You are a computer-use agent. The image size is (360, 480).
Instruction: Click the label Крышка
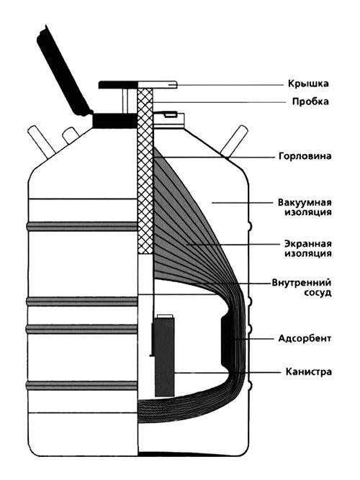tap(308, 83)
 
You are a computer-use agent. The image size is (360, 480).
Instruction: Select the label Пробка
tap(310, 101)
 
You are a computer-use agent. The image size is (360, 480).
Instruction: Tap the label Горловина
tap(305, 156)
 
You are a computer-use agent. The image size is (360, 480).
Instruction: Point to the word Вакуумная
tap(305, 202)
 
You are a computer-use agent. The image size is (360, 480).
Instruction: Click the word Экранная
tap(308, 244)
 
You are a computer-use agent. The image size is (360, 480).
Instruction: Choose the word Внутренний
tap(302, 282)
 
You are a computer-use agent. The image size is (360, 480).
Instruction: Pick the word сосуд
tap(318, 292)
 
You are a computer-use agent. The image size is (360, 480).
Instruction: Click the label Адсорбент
tap(305, 338)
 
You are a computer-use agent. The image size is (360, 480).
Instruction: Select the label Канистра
tap(309, 371)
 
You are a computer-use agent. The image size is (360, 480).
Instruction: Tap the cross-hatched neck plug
tap(145, 171)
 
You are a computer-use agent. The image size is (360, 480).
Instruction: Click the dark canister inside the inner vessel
tap(165, 357)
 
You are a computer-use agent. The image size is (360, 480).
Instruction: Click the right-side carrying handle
tap(235, 140)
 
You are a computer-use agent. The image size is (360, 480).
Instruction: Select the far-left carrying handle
tap(41, 143)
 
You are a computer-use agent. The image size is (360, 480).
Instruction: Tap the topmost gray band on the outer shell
tap(82, 226)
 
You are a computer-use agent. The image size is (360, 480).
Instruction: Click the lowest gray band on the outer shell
tap(82, 386)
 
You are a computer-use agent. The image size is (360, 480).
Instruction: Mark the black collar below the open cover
tap(114, 121)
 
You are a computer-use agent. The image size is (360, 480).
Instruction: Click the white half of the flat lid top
tap(158, 85)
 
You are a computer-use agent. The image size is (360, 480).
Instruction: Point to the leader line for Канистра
tap(228, 373)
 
